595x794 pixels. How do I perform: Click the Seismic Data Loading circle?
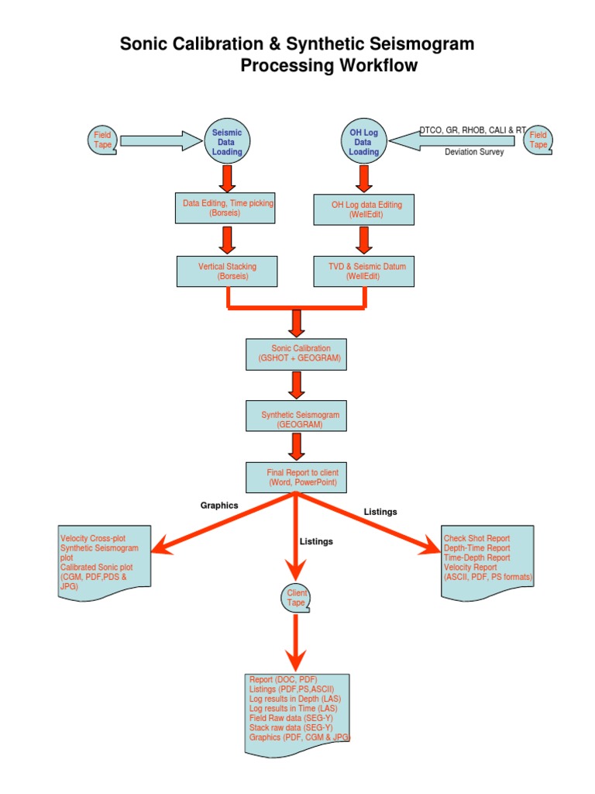coord(227,142)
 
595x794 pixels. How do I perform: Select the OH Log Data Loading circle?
coord(363,142)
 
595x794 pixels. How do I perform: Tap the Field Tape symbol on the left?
coord(102,140)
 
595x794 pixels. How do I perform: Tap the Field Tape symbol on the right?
coord(538,140)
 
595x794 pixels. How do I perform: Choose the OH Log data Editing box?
coord(366,209)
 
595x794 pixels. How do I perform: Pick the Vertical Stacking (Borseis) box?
coord(227,271)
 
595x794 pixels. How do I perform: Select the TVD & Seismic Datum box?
coord(366,271)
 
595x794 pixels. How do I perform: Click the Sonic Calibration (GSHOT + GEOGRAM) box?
coord(296,354)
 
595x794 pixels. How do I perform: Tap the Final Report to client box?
coord(296,477)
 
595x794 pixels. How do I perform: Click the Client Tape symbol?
coord(296,598)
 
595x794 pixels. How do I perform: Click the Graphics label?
coord(219,505)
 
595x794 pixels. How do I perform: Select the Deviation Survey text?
coord(474,152)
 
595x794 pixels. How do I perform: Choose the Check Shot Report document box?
coord(487,561)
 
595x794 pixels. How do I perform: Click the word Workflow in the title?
coord(378,66)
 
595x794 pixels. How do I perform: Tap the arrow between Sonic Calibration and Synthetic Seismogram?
coord(296,385)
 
